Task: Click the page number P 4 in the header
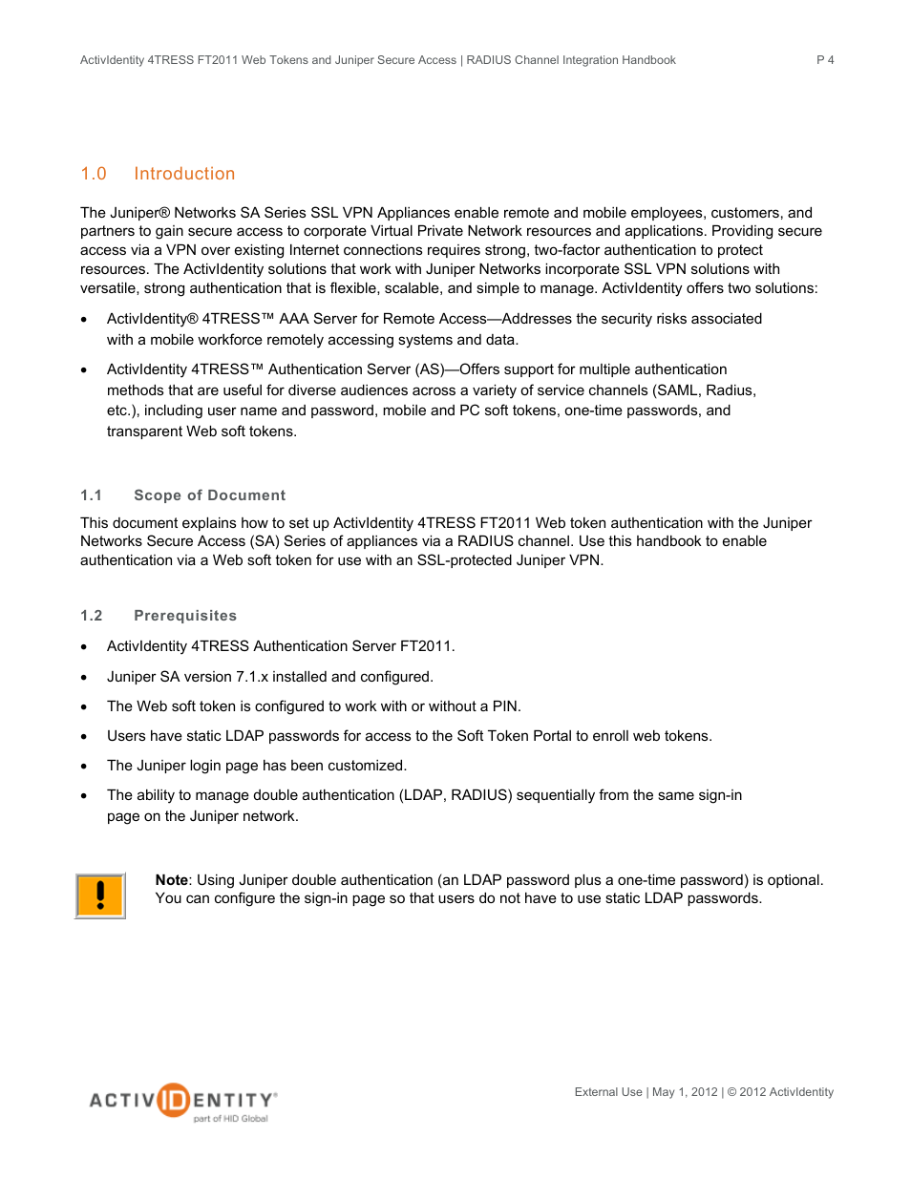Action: pyautogui.click(x=825, y=60)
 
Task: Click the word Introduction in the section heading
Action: pyautogui.click(x=184, y=174)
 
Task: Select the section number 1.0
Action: pyautogui.click(x=94, y=174)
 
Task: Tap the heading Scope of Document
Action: pyautogui.click(x=209, y=495)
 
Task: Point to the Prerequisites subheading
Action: pyautogui.click(x=185, y=616)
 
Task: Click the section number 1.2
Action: pyautogui.click(x=92, y=616)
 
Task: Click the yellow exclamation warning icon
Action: pyautogui.click(x=100, y=895)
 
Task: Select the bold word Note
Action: pyautogui.click(x=172, y=880)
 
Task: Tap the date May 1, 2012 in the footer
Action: pyautogui.click(x=685, y=1092)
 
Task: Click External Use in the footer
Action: pyautogui.click(x=608, y=1092)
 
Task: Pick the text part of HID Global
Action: pyautogui.click(x=230, y=1119)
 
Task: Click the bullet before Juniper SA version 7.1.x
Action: pyautogui.click(x=85, y=678)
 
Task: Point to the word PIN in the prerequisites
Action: pyautogui.click(x=505, y=706)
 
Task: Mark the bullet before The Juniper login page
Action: pyautogui.click(x=85, y=767)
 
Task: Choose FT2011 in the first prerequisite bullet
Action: pyautogui.click(x=425, y=646)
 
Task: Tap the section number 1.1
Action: pyautogui.click(x=92, y=495)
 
